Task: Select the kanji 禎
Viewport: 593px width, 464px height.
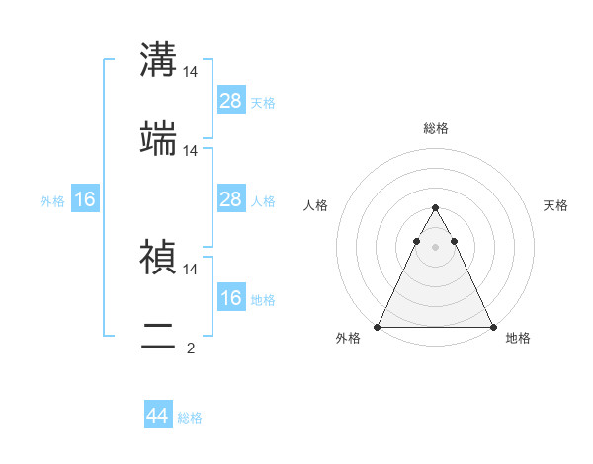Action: [158, 257]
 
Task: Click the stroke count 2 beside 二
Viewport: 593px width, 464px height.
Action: [191, 348]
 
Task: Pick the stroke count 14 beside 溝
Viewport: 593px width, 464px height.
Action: [191, 72]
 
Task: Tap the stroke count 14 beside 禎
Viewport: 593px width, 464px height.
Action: [191, 269]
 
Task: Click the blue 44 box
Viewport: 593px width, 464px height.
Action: [158, 416]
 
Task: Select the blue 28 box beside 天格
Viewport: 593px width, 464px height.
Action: [231, 101]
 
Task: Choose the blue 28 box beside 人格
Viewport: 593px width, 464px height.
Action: [231, 199]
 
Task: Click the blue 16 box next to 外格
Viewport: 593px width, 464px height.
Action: [85, 199]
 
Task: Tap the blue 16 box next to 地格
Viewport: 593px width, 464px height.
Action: [231, 298]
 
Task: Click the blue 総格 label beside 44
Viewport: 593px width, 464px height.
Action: [190, 418]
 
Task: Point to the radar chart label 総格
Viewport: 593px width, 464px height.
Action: [435, 128]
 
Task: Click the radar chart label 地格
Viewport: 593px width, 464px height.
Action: [518, 339]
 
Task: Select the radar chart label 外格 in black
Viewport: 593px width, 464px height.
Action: [348, 339]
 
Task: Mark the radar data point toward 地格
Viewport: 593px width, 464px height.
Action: [492, 327]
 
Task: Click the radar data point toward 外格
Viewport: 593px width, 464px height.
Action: [378, 327]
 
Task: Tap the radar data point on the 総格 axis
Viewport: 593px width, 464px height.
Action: [435, 208]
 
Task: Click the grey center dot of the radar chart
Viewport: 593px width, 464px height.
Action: [435, 247]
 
